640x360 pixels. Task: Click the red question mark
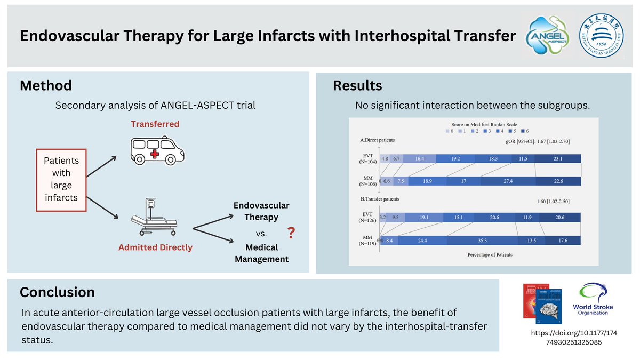(291, 232)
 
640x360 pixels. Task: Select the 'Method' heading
(45, 85)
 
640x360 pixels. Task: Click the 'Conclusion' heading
(57, 292)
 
